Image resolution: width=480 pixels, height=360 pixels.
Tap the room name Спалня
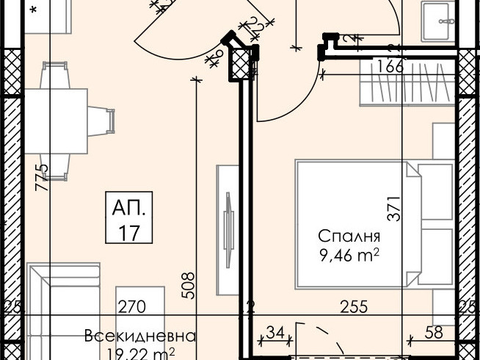coord(349,237)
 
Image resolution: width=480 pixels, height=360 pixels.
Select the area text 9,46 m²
coord(349,256)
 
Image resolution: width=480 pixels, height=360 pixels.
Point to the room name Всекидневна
coord(140,336)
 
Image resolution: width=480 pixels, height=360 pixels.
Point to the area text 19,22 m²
coord(140,353)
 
